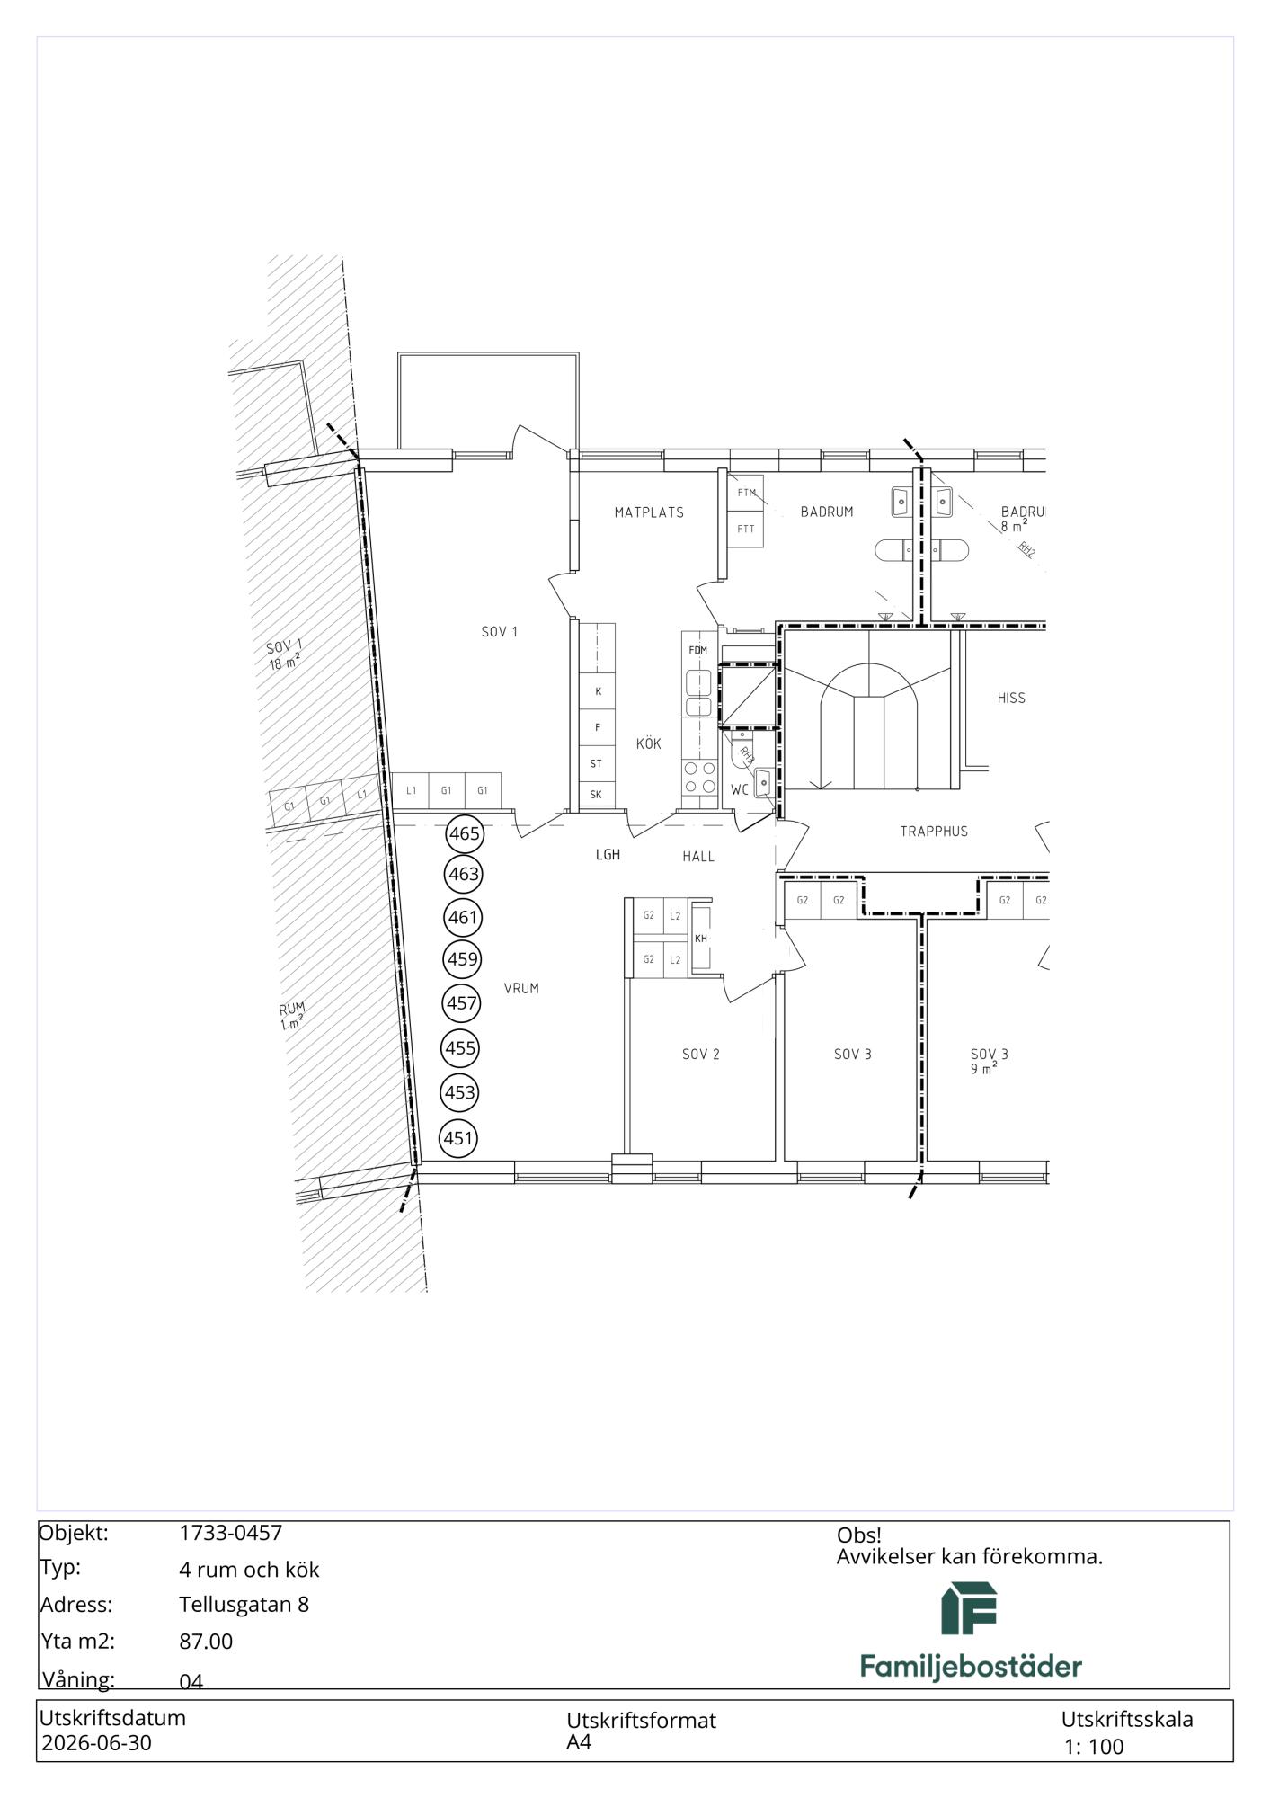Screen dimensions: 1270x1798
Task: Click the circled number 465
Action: pos(465,833)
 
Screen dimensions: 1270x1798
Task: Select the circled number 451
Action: pos(458,1138)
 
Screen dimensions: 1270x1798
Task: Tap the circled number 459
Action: pos(463,958)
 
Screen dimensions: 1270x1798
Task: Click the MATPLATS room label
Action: pos(649,512)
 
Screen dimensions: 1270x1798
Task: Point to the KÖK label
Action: pos(648,743)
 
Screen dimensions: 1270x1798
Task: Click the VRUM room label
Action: pos(521,988)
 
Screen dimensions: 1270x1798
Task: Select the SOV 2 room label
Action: pos(701,1054)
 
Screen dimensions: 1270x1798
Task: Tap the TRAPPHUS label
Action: pos(934,832)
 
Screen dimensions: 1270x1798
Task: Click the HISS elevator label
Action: pos(1011,698)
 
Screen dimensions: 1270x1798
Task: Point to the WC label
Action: pos(740,790)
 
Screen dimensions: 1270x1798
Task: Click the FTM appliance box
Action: pos(746,493)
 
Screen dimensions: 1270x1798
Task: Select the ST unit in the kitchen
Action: pos(597,764)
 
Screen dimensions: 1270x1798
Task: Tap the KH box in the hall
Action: pos(701,939)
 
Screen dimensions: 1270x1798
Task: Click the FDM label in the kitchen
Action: pos(697,650)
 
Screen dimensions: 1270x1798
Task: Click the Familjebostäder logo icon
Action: pos(969,1609)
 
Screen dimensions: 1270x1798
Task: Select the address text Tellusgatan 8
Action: pos(244,1605)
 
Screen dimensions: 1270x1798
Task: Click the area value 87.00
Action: pos(206,1642)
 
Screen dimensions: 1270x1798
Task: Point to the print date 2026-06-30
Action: pos(97,1743)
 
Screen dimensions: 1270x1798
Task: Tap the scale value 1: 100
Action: pos(1094,1747)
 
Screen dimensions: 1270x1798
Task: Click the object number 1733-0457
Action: pos(231,1533)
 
